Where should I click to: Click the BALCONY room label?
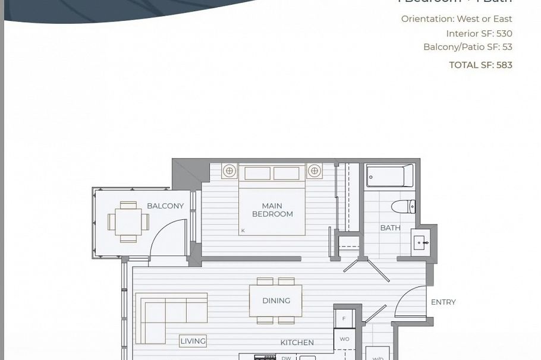(x=165, y=206)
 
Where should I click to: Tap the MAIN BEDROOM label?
(x=272, y=210)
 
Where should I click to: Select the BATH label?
(x=390, y=228)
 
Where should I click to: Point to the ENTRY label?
(x=443, y=302)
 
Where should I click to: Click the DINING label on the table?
(x=276, y=301)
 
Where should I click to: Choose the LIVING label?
(x=193, y=341)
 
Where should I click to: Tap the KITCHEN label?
(x=297, y=343)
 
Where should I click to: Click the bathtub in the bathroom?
(x=390, y=176)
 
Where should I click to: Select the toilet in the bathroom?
(x=403, y=207)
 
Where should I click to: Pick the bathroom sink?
(x=422, y=244)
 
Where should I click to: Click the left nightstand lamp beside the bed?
(x=229, y=171)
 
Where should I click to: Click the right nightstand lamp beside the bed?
(x=314, y=171)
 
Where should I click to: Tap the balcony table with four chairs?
(x=128, y=222)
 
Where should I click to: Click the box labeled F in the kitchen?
(x=344, y=318)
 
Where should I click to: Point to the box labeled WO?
(x=344, y=339)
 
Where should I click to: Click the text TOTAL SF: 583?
(x=480, y=65)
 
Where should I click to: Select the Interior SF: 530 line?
(x=479, y=34)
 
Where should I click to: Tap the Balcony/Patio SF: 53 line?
(x=467, y=47)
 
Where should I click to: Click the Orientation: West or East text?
(x=456, y=19)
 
